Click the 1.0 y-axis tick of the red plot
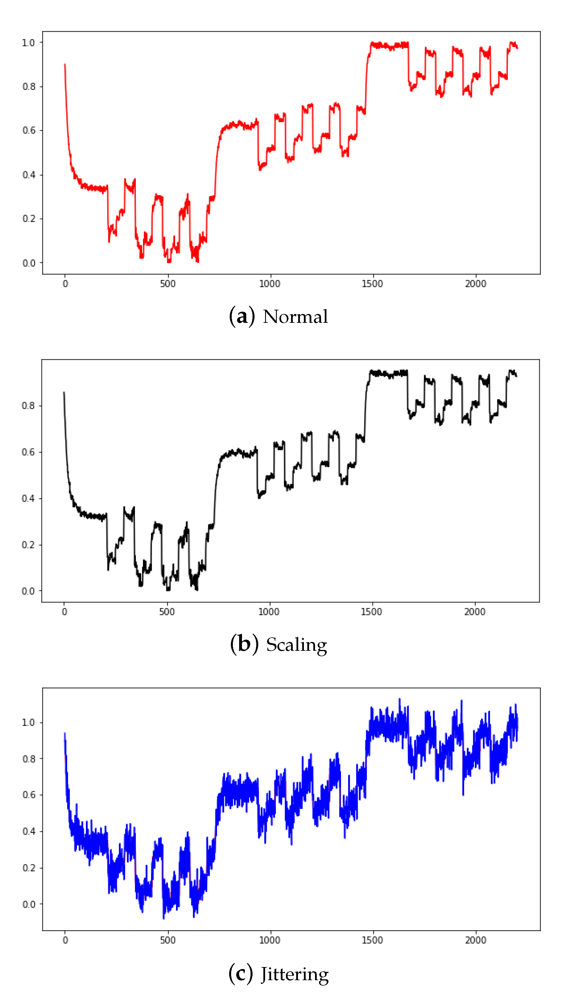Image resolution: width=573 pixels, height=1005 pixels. coord(28,43)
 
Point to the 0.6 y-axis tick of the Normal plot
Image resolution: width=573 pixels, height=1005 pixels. coord(28,130)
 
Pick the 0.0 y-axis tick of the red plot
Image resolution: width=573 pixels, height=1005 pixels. coord(28,263)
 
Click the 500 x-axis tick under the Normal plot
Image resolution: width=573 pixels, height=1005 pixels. coord(168,284)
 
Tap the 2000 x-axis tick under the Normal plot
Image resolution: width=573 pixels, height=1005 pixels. coord(475,284)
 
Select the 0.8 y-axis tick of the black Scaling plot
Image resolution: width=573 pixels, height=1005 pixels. coord(28,406)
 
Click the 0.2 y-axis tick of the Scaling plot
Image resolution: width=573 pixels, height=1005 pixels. coord(28,545)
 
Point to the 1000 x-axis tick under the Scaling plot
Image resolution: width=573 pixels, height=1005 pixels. coord(269,612)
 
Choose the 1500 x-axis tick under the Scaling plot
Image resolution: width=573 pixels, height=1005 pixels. coord(372,612)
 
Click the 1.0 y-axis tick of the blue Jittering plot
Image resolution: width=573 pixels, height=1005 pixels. coord(28,722)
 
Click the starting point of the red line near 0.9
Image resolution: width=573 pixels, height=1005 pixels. coord(65,65)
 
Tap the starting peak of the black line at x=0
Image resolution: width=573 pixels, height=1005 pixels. coord(64,392)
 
